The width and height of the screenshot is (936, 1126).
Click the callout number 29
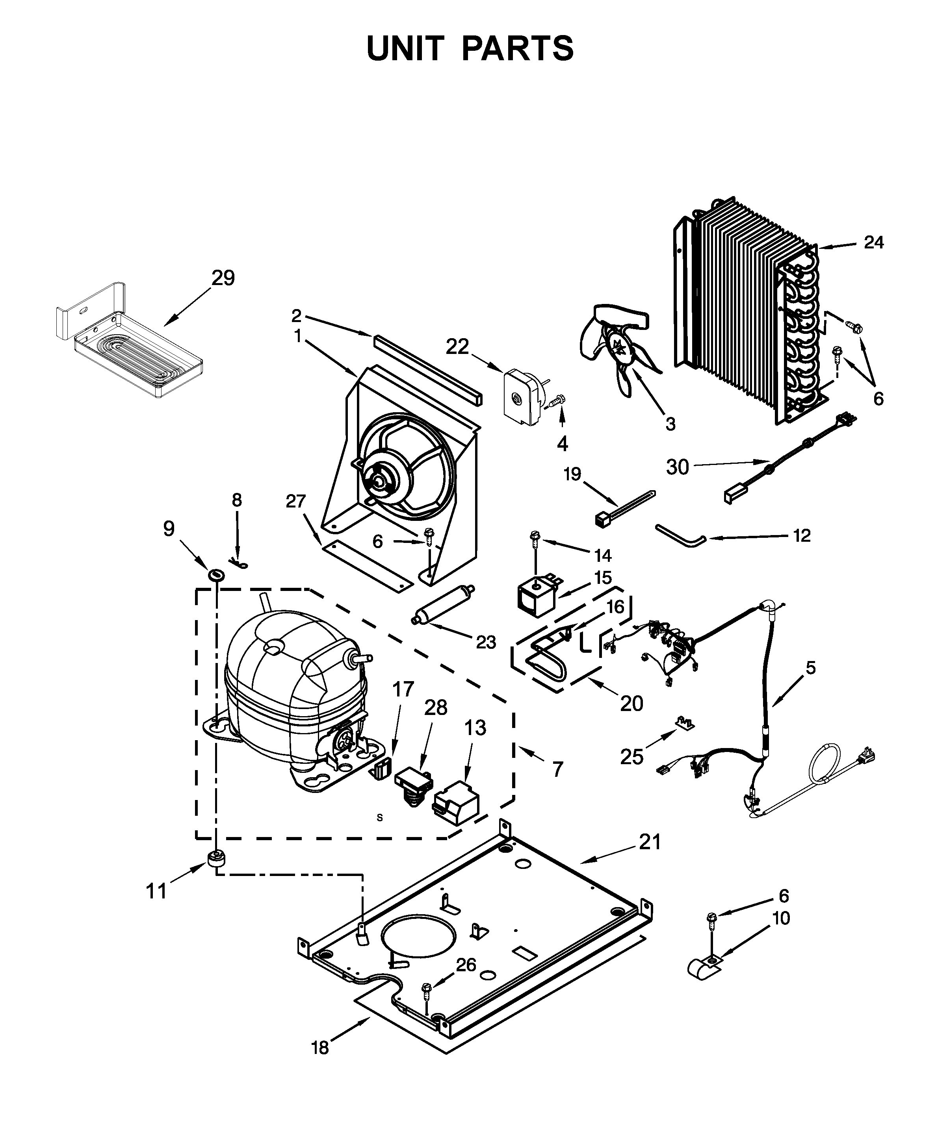click(223, 278)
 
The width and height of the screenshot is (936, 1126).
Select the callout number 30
click(677, 467)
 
